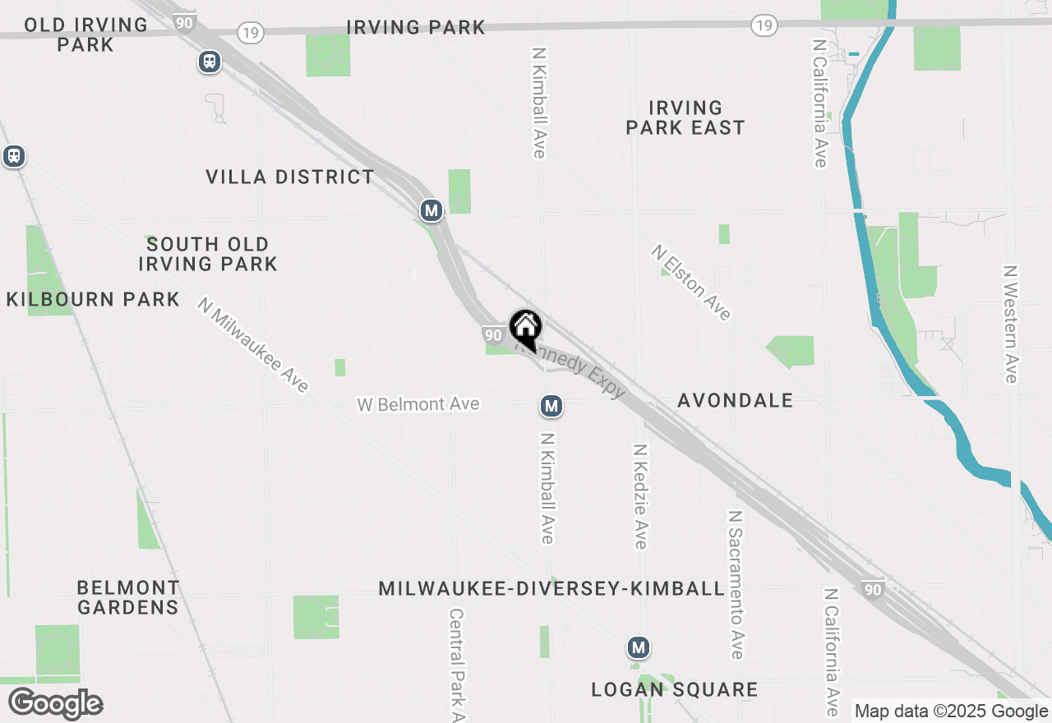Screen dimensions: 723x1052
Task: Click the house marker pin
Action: coord(526,329)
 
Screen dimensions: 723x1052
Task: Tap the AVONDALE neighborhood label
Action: coord(735,400)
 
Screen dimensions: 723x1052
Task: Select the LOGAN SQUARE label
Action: coord(674,689)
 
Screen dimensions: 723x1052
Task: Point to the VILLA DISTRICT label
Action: coord(289,177)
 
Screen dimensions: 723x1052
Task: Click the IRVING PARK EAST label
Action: coord(685,117)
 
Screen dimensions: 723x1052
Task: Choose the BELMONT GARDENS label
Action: coord(127,597)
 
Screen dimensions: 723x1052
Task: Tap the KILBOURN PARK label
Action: coord(93,299)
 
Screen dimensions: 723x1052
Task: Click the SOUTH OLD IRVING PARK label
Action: coord(207,254)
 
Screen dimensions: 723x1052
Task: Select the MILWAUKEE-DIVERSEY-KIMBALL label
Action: coord(551,588)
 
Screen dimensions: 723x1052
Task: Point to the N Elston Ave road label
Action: coord(691,282)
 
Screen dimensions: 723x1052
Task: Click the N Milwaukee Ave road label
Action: coord(253,345)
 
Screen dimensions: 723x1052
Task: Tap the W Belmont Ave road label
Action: coord(418,404)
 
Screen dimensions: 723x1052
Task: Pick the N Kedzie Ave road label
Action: coord(640,496)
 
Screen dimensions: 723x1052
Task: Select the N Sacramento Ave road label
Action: coord(736,584)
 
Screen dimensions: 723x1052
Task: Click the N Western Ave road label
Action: coord(1010,324)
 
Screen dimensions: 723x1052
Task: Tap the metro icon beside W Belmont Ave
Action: coord(551,406)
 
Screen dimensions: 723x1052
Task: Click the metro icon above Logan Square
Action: coord(638,648)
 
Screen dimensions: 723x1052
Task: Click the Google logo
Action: coord(56,703)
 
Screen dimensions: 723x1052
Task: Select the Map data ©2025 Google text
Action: coord(951,711)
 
